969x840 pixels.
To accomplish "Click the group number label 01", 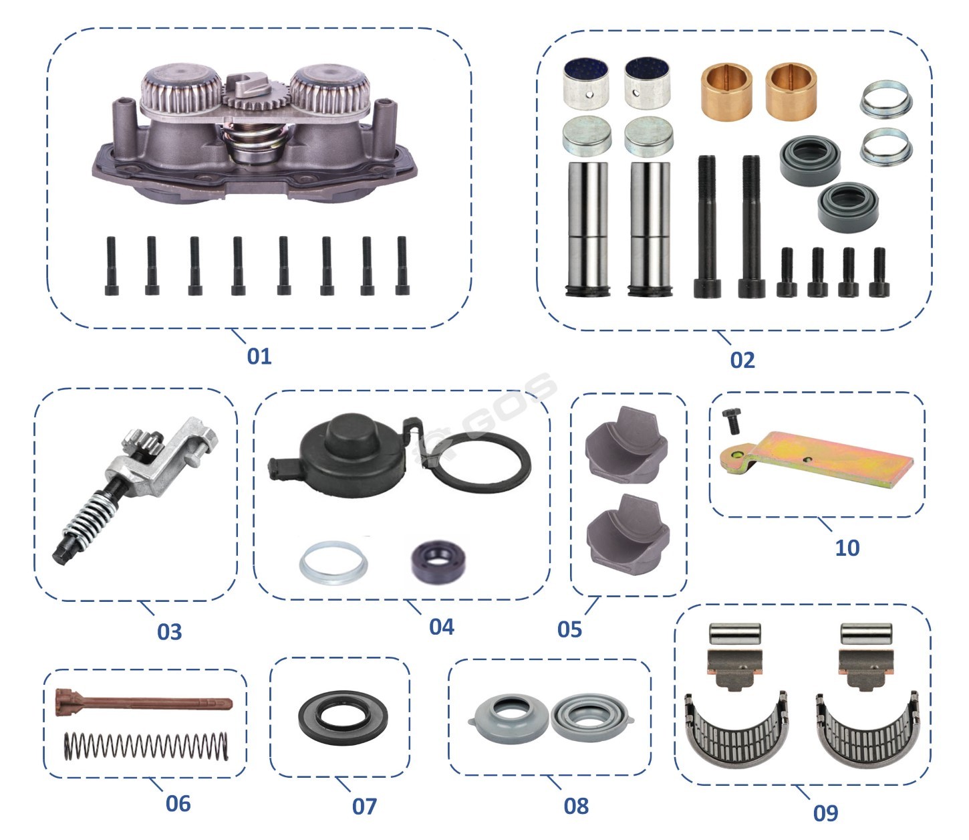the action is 259,356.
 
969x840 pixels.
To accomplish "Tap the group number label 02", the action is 742,360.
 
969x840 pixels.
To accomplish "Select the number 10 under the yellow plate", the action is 847,548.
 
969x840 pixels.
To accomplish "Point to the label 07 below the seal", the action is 364,807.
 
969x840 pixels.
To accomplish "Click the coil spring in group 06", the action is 146,746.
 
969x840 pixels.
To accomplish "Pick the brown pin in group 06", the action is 144,702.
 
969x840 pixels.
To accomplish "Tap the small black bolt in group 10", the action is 732,421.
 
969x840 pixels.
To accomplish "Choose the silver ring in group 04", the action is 333,562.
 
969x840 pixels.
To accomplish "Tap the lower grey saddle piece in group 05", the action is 628,534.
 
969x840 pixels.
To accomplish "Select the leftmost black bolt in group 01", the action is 111,266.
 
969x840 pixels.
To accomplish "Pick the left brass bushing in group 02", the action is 726,92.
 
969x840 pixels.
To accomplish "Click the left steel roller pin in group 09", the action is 734,633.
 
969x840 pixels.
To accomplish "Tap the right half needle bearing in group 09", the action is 868,730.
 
